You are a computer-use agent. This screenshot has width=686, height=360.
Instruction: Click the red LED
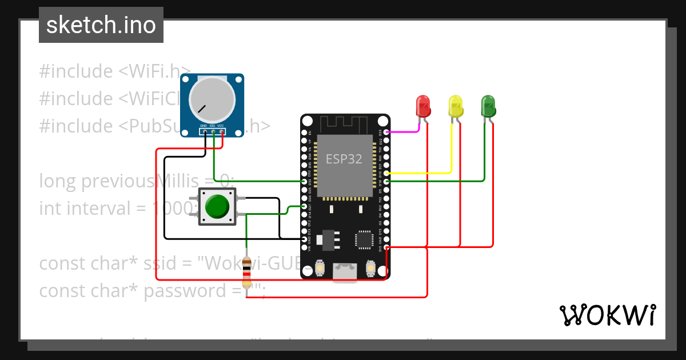[x=422, y=106]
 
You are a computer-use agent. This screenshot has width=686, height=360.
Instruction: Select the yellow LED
[x=456, y=106]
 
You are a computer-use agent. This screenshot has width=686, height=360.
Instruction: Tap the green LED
[x=488, y=106]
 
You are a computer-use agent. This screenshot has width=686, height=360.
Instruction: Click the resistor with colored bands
[x=246, y=271]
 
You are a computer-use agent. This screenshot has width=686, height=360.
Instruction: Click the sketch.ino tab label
[x=101, y=25]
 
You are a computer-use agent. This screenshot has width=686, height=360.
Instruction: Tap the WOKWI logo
[x=607, y=315]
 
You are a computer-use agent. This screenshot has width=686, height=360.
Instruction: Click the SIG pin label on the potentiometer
[x=212, y=125]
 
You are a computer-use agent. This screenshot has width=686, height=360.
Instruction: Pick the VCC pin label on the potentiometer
[x=221, y=125]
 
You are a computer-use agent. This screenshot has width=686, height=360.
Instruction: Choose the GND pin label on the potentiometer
[x=203, y=125]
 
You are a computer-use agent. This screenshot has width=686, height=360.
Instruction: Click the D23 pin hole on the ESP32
[x=387, y=132]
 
